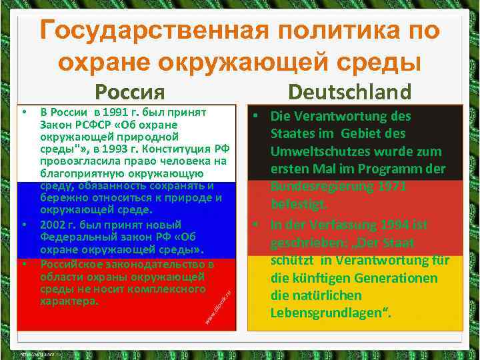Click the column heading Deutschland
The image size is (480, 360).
(x=350, y=91)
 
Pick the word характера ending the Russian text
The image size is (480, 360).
(x=68, y=301)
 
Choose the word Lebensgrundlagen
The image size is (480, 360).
(x=329, y=312)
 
